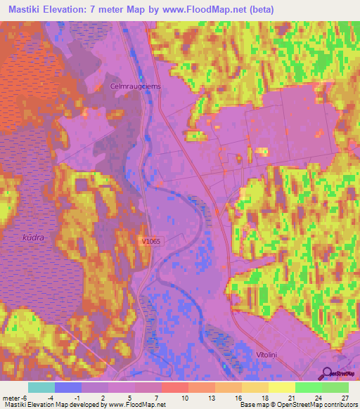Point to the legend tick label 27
pos(344,397)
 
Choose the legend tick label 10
pos(184,397)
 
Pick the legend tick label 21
pos(291,397)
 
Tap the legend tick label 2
pos(104,397)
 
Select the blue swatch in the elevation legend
pos(68,387)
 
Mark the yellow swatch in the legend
pos(281,387)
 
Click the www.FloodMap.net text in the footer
pos(134,405)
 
